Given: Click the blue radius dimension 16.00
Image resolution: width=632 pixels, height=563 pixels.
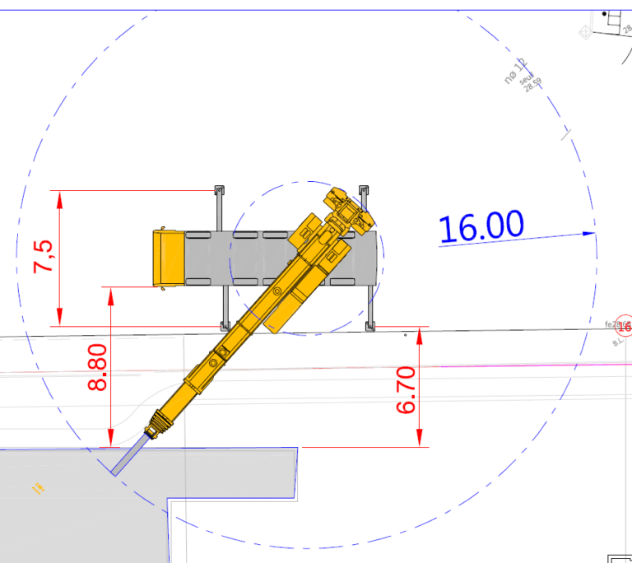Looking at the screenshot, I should tap(481, 226).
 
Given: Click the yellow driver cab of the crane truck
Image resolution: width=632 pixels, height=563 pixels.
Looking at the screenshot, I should tap(168, 258).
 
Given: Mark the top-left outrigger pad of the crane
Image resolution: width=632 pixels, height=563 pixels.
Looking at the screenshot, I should tap(220, 191).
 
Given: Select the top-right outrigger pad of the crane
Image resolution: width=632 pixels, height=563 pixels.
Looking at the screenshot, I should tap(364, 190).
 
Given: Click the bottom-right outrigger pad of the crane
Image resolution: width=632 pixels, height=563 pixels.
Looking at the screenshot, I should tap(370, 327).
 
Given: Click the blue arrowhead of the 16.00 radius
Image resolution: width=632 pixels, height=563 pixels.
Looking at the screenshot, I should tap(588, 233).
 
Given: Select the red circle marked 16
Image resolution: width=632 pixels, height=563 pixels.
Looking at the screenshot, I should tap(625, 326).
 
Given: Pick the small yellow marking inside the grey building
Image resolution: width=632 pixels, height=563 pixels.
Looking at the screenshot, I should tap(37, 489).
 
